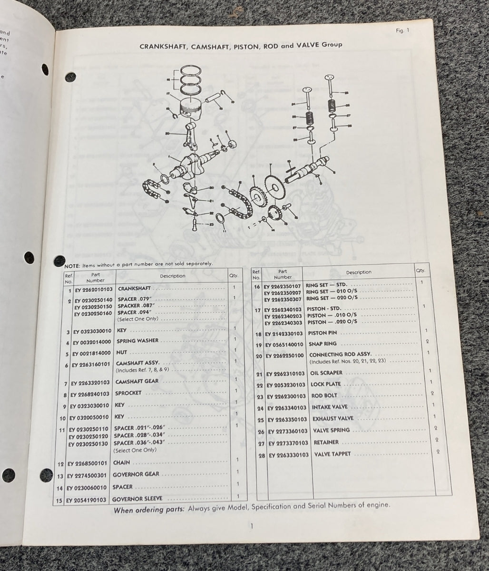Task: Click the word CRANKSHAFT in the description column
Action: (134, 288)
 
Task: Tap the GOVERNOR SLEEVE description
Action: (137, 499)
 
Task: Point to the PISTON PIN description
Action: (323, 333)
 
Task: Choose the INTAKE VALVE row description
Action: (330, 407)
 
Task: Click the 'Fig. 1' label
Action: (402, 31)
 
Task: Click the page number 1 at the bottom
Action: (251, 526)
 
